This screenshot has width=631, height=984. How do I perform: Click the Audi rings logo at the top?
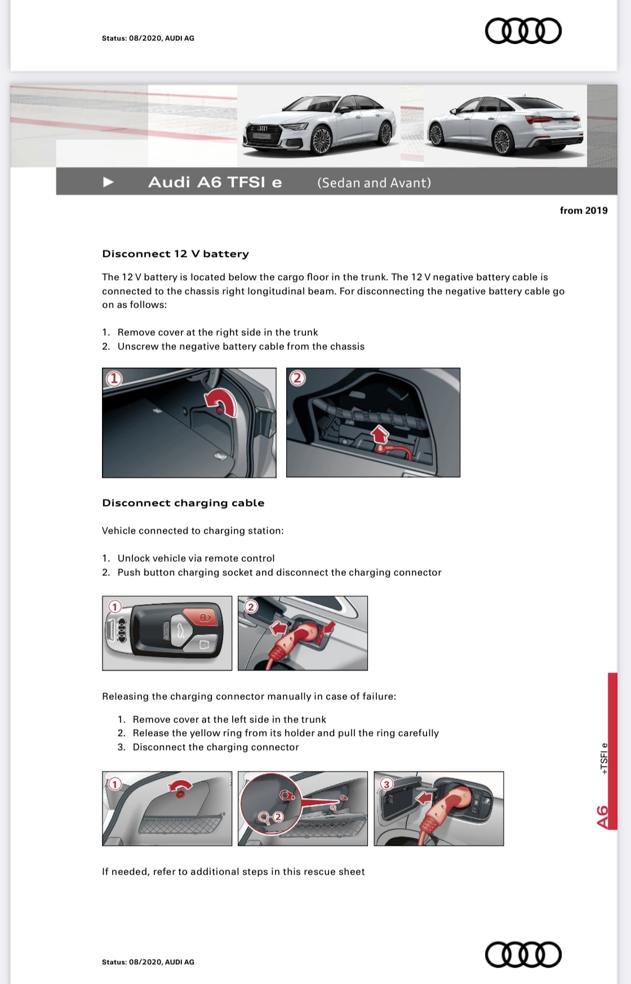tap(523, 31)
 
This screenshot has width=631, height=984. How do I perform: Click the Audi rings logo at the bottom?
tap(523, 954)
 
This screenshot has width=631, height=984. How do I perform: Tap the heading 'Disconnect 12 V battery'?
tap(175, 254)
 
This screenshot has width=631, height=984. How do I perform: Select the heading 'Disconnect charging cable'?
tap(183, 503)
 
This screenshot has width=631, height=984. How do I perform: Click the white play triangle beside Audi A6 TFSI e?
tap(109, 182)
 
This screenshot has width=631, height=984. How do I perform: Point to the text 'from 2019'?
tap(583, 210)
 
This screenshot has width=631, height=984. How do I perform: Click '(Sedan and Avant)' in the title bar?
tap(374, 183)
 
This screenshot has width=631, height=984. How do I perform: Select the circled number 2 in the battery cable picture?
tap(297, 378)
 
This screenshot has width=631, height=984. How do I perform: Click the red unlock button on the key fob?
tap(203, 617)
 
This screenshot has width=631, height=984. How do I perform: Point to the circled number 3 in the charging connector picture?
tap(386, 784)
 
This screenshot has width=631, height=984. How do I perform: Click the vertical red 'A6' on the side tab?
tap(602, 817)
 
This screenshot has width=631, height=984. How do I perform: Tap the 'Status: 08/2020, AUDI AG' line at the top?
tap(148, 38)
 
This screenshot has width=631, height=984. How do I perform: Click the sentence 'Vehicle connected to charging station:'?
tap(193, 530)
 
